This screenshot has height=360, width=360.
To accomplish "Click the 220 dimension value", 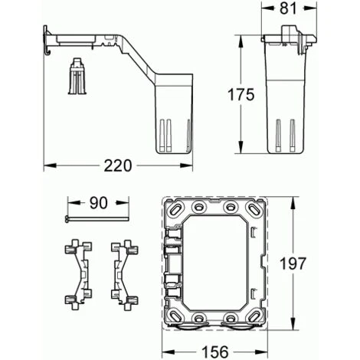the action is coord(118,165).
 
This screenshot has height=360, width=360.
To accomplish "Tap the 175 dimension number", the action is coord(241,94).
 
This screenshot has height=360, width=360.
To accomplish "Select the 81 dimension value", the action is coord(289,8).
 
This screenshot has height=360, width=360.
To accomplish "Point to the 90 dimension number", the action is coord(99,203).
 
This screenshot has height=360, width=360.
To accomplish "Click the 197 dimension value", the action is coord(293,263).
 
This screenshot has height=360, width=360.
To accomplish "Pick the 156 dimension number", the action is coord(215,352).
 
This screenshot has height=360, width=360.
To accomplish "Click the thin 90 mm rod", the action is coord(97,219).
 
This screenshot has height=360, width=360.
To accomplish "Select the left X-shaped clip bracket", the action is coord(78,274).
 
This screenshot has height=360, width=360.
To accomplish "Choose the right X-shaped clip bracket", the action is coord(125,274).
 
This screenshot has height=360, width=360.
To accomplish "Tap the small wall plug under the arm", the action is coord(77,76).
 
